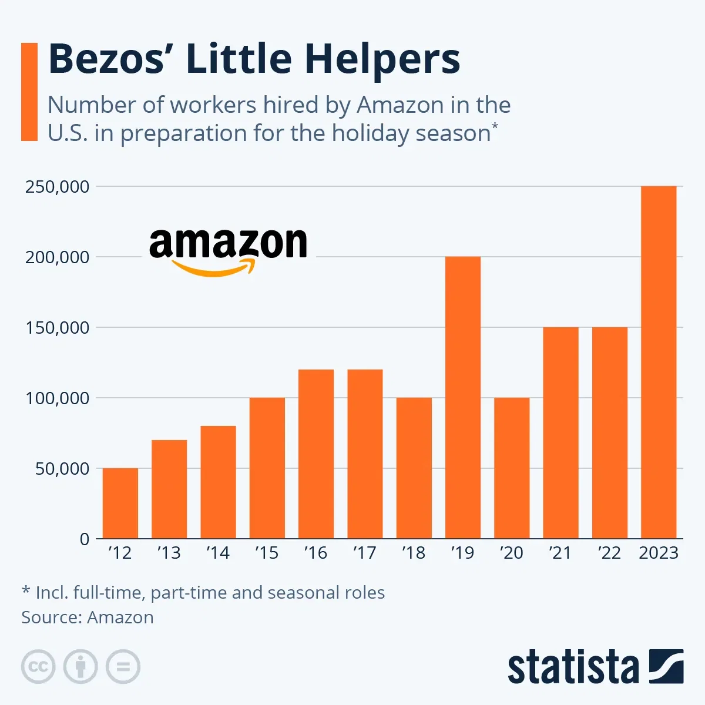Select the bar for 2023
658,362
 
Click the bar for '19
462,397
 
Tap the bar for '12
120,503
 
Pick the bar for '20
511,468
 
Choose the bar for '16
315,454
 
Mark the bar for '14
218,482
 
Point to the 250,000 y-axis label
57,187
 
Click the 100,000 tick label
57,398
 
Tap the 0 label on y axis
84,539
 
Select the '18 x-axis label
413,553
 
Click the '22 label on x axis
609,553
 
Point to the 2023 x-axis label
658,553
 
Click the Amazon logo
228,251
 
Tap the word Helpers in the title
382,59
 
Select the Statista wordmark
573,667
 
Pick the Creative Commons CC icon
38,667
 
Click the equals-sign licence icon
123,667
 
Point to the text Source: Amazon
88,617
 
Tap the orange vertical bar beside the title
29,92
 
